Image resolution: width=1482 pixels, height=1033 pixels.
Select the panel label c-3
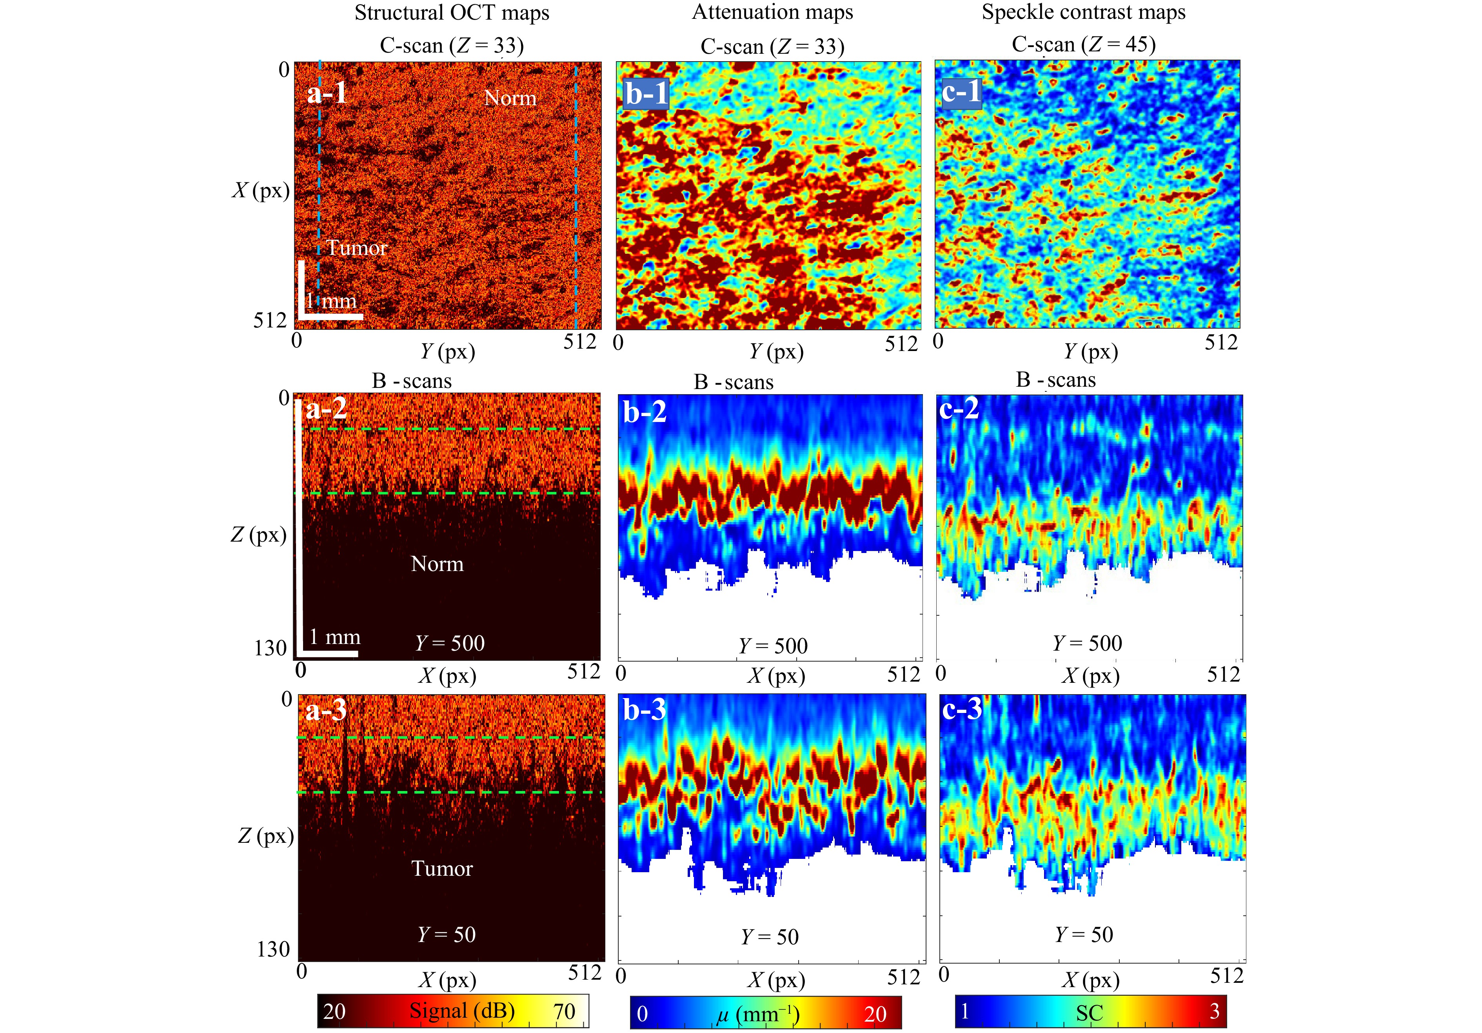click(x=962, y=709)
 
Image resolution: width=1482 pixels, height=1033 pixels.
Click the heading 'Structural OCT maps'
click(x=452, y=13)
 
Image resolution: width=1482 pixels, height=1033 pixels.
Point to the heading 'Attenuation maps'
click(x=773, y=12)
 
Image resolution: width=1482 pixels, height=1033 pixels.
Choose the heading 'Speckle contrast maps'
click(x=1084, y=12)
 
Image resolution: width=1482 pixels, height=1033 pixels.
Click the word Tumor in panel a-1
click(x=356, y=248)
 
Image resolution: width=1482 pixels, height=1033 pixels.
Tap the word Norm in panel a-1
click(x=510, y=98)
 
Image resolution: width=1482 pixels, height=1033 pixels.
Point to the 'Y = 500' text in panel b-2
click(x=773, y=646)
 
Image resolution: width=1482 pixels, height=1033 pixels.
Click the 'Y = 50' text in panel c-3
click(x=1084, y=934)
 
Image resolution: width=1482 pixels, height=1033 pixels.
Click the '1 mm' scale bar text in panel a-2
click(x=334, y=637)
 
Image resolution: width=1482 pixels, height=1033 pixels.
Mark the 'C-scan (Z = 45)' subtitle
click(x=1084, y=45)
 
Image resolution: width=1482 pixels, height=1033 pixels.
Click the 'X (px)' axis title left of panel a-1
click(x=261, y=191)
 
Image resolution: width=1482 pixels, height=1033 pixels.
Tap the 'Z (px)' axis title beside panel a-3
click(x=265, y=836)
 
